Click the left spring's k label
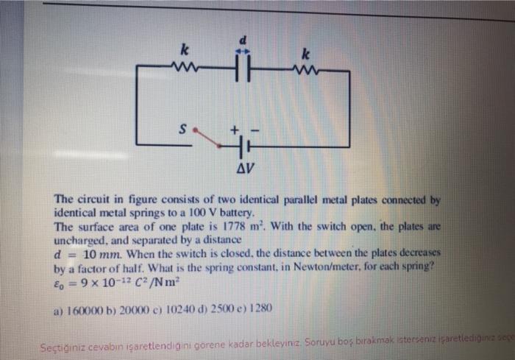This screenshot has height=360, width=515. (x=185, y=50)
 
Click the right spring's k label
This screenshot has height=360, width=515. (x=305, y=53)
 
